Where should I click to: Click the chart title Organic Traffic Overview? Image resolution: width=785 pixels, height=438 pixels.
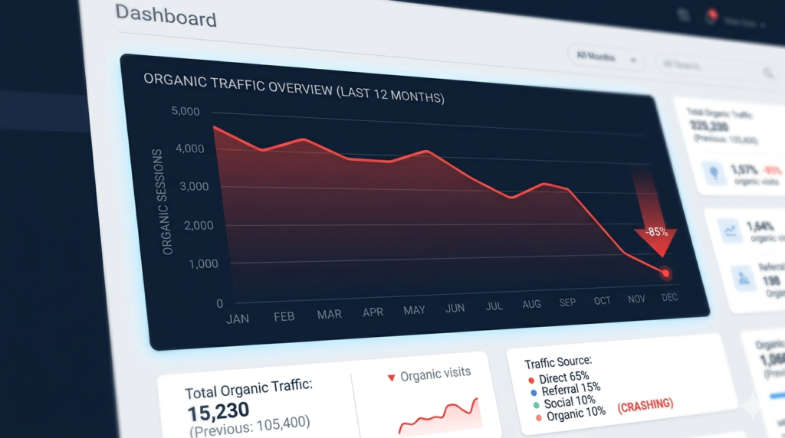coord(294,87)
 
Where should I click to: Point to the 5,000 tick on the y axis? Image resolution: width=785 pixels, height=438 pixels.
coord(185,112)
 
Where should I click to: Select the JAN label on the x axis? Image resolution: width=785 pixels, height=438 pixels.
coord(237,319)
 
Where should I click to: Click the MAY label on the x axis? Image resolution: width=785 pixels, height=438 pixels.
coord(414,310)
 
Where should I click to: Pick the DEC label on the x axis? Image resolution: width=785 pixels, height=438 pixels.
coord(669,297)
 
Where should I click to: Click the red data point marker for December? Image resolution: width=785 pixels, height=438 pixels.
coord(666,273)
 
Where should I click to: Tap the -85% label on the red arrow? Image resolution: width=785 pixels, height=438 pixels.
coord(655,232)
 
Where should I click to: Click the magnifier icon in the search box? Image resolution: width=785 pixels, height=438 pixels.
coord(767,73)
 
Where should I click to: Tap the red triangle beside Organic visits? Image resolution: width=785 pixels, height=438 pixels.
coord(391,378)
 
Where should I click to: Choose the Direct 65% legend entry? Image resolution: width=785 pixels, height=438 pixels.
coord(563,378)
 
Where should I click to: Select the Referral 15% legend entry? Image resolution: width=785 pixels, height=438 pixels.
coord(570,390)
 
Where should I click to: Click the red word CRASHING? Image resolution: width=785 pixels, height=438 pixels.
coord(645,404)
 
